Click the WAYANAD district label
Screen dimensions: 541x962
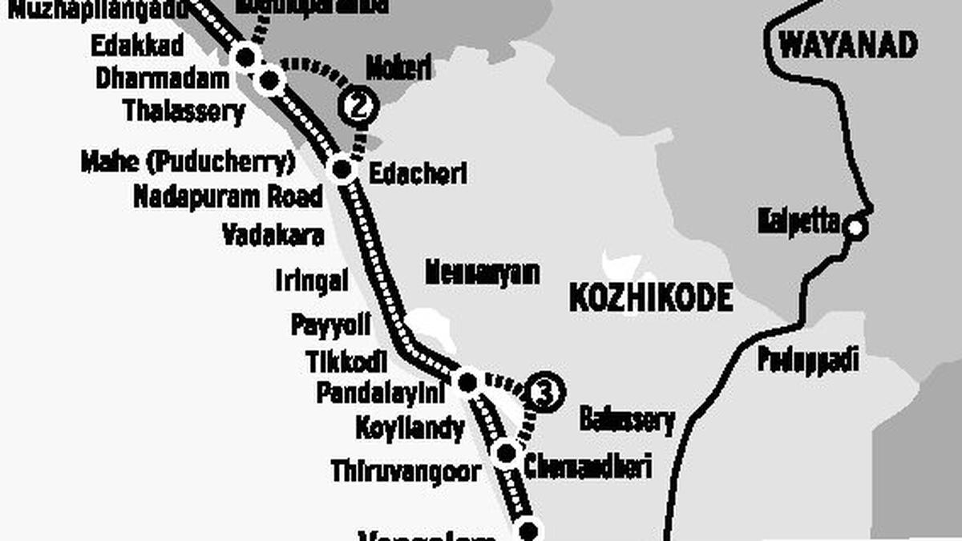coord(848,45)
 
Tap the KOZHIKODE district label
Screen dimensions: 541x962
coord(650,298)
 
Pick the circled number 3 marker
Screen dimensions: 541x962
coord(545,393)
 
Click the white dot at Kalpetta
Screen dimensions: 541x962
coord(856,228)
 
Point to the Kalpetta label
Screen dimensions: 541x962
coord(798,222)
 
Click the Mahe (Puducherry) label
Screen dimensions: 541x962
coord(188,162)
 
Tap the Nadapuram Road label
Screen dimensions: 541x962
coord(228,196)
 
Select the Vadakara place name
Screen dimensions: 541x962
coord(273,235)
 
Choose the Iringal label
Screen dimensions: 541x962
coord(312,281)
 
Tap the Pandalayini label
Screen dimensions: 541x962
coord(380,393)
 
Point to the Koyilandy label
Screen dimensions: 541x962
coord(410,428)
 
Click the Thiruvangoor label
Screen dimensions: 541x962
coord(406,470)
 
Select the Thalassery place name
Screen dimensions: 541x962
coord(184,111)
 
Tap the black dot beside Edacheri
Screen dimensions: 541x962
coord(342,169)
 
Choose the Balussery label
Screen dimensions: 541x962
coord(627,420)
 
